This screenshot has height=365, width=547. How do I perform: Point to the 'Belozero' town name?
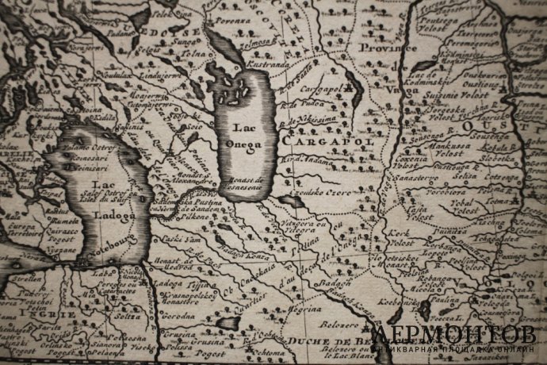[338, 325]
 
